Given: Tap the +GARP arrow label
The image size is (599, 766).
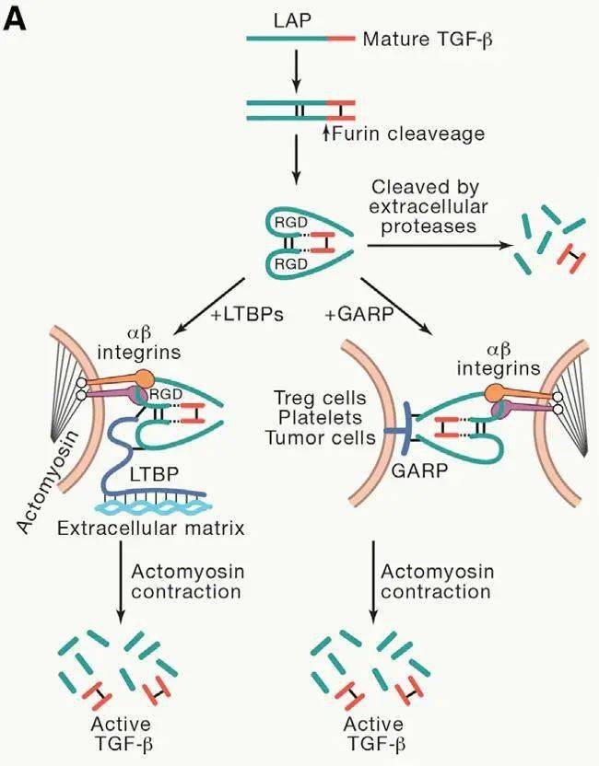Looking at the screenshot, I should point(358,315).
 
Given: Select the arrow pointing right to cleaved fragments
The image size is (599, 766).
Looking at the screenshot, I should point(433,246).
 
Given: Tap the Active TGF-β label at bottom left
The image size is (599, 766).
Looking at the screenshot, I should point(121,734).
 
